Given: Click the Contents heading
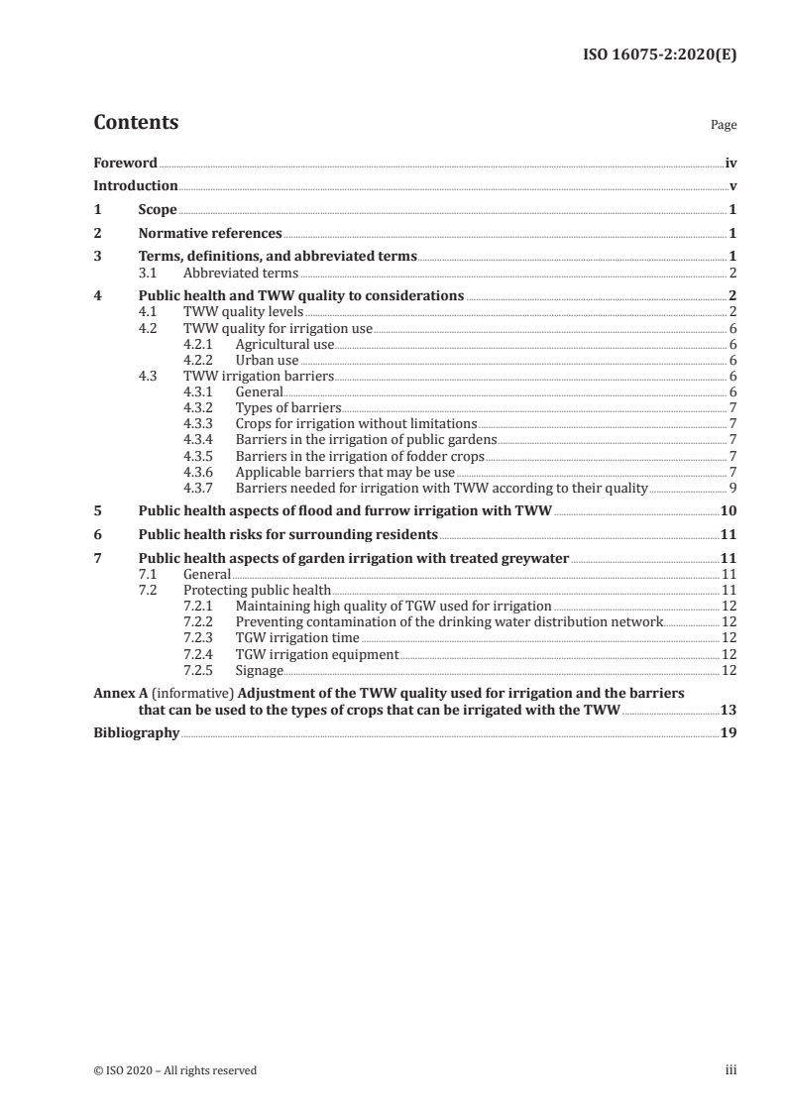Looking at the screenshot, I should tap(136, 124).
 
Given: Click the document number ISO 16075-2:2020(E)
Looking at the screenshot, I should tap(657, 56).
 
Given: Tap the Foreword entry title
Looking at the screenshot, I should tap(125, 163).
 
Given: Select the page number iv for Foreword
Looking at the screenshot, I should tap(730, 163).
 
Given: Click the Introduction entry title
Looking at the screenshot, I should tap(136, 185).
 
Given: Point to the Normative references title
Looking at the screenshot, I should tap(210, 234).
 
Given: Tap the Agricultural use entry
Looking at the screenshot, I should tap(284, 344).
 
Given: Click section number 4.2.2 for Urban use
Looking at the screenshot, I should tap(201, 361).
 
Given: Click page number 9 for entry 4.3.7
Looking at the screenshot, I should tap(731, 488).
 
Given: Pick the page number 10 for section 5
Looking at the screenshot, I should tap(728, 511).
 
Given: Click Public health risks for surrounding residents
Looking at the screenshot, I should tap(287, 534).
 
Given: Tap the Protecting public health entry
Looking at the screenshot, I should tap(257, 590).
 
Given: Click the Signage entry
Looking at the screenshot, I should tap(259, 670).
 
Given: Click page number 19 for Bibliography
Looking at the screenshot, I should tap(728, 733).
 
